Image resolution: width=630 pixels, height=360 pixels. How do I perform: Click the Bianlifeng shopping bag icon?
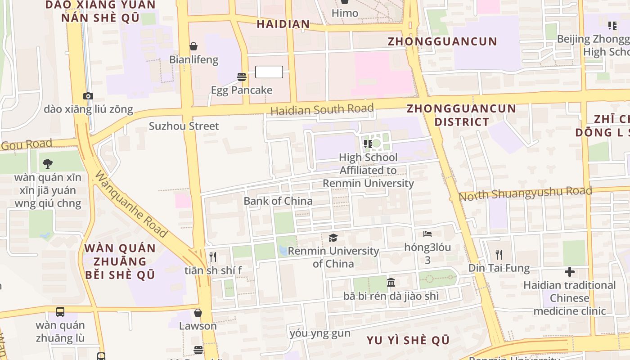[193, 46]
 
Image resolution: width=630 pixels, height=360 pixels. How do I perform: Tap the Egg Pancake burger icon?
[242, 76]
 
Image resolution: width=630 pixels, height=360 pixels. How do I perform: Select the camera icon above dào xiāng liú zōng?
[88, 96]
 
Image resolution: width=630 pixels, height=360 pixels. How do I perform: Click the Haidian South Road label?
[322, 109]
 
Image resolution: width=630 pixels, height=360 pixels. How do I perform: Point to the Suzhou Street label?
[184, 126]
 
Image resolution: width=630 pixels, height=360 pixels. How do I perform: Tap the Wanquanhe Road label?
[130, 204]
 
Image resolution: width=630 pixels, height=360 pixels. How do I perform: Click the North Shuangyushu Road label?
[525, 193]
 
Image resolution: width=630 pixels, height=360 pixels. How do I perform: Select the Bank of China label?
[278, 201]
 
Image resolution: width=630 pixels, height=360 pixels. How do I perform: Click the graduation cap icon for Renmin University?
[333, 238]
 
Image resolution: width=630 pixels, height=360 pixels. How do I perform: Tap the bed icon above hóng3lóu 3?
[427, 234]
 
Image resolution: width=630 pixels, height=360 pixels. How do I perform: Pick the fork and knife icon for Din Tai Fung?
[499, 255]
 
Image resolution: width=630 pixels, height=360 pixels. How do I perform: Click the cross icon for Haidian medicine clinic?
[570, 272]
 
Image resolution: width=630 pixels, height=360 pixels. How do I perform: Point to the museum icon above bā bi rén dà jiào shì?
[391, 283]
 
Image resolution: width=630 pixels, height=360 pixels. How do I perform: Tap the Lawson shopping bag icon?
[198, 312]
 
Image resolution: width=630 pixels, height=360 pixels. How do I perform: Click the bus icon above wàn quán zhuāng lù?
[60, 311]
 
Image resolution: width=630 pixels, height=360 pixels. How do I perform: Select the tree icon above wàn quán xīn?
[48, 164]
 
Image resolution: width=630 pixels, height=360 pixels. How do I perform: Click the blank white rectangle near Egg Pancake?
[269, 72]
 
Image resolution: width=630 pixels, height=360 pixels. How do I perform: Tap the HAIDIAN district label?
[283, 24]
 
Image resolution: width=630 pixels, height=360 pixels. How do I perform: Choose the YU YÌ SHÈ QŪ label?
[408, 340]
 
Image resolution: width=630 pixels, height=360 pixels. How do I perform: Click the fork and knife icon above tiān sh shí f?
[213, 257]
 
